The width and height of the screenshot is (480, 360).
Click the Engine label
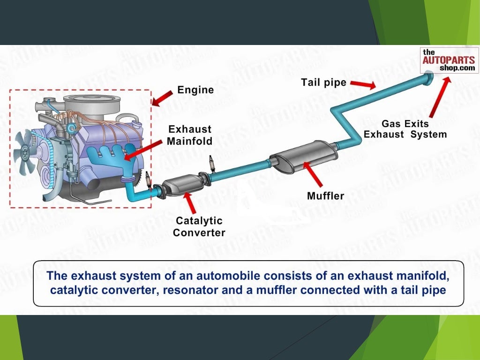195,90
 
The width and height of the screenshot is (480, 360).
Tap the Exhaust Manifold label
190,135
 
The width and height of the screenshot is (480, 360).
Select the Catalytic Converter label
199,226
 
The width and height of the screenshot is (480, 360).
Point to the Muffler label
325,195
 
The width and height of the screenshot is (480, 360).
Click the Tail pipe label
323,83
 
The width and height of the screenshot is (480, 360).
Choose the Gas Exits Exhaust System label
405,129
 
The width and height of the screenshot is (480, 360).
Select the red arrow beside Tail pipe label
364,85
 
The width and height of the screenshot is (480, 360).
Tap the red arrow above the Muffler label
314,173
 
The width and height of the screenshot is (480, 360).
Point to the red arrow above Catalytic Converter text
189,203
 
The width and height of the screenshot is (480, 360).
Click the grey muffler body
304,156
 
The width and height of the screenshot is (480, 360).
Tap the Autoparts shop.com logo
449,60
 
